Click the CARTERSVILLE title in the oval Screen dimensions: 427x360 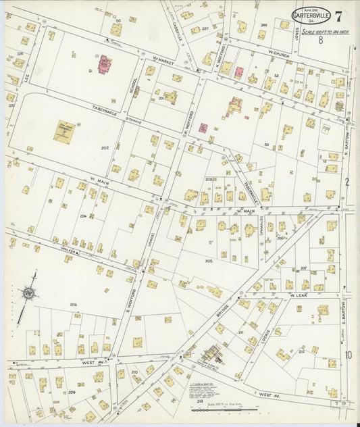(311, 14)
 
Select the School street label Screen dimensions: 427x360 (135, 86)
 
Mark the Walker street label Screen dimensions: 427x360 (67, 251)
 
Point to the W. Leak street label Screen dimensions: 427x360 (298, 295)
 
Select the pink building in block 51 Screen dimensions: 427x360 (105, 65)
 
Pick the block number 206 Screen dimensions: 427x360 (73, 305)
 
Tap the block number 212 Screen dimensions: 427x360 (301, 351)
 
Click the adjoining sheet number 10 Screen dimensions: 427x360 (348, 355)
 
